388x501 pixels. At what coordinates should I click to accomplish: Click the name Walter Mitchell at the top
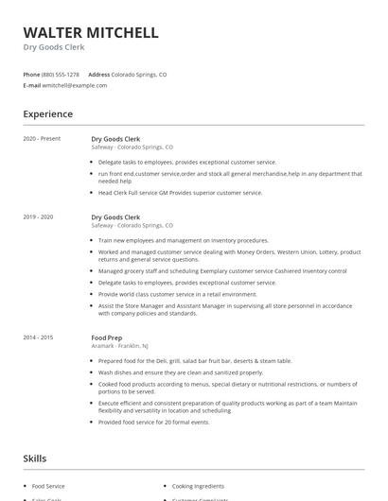tap(91, 33)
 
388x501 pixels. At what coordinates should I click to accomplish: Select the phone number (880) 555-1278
tap(61, 74)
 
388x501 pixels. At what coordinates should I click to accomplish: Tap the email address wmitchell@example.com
tap(75, 85)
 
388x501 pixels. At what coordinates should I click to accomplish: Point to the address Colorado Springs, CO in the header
tap(139, 74)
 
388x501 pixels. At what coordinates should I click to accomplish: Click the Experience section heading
tap(47, 114)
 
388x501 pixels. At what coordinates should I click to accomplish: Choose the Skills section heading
tap(34, 458)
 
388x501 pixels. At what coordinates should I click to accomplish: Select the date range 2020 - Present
tap(42, 139)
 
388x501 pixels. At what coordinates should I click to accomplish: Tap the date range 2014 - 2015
tap(38, 337)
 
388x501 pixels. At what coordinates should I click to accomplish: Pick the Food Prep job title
tap(108, 337)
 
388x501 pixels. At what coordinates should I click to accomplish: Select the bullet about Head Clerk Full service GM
tap(180, 193)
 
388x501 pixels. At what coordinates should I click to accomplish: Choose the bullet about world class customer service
tap(177, 294)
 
